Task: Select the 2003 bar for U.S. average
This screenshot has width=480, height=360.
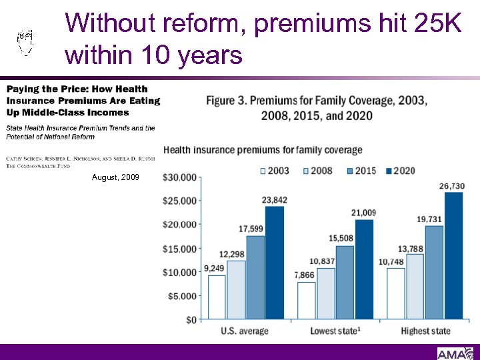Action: tap(217, 297)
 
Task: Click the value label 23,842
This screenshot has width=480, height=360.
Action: tap(275, 199)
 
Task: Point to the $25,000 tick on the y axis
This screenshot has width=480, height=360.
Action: tap(180, 201)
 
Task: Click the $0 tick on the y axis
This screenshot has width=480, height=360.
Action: tap(191, 320)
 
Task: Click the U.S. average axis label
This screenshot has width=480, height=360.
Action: tap(245, 331)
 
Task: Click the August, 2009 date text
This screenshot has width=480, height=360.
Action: tap(116, 178)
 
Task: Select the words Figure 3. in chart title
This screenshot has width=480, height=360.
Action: tap(229, 101)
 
